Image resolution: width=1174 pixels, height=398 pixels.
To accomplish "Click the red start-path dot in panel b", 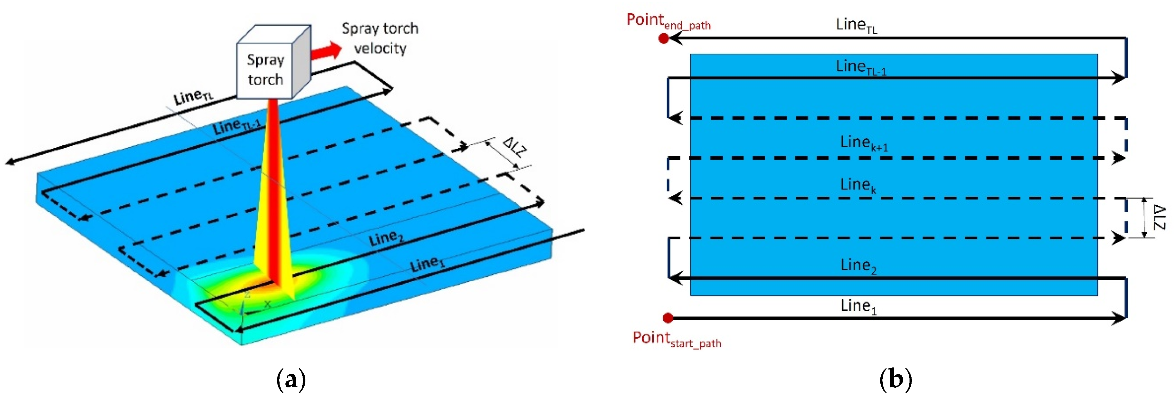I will point(668,317).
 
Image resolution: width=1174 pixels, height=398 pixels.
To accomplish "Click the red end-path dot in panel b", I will point(664,39).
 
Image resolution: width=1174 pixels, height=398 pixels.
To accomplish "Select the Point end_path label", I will point(668,21).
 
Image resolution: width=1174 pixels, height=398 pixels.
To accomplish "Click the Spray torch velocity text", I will point(380,38).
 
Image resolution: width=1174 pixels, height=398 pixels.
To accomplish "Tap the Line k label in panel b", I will point(858,185).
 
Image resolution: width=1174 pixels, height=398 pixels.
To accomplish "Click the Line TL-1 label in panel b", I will point(860,67).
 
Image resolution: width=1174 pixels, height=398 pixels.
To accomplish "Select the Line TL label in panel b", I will point(856,25).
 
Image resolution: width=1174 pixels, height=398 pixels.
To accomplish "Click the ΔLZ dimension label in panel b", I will point(1160,217).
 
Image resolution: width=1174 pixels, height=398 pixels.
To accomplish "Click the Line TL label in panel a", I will point(193,96).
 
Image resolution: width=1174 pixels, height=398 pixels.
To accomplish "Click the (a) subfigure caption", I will point(291,379).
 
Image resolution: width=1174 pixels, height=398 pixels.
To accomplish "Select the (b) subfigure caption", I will point(895,379).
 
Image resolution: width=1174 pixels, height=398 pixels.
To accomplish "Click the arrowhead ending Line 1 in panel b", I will point(1119,318).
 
